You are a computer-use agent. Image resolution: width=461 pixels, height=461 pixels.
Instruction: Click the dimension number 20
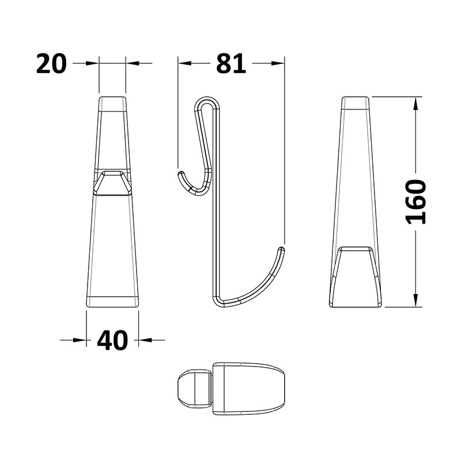pyautogui.click(x=51, y=63)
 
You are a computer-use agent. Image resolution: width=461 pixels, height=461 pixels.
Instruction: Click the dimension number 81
pyautogui.click(x=231, y=63)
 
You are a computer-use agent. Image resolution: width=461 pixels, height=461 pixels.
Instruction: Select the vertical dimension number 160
pyautogui.click(x=415, y=202)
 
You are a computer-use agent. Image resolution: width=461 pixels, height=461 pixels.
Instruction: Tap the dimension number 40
pyautogui.click(x=112, y=341)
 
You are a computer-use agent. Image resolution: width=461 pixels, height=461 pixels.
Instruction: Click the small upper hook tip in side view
pyautogui.click(x=181, y=173)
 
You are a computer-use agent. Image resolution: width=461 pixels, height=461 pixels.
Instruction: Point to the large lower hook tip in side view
pyautogui.click(x=282, y=250)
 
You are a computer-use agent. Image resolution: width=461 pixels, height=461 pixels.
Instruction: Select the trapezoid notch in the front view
pyautogui.click(x=112, y=183)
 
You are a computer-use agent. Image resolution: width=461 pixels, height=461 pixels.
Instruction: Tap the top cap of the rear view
pyautogui.click(x=355, y=103)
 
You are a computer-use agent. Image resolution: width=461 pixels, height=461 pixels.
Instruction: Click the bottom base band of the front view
pyautogui.click(x=112, y=300)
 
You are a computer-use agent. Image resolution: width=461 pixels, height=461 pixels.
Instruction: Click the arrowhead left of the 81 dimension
pyautogui.click(x=183, y=63)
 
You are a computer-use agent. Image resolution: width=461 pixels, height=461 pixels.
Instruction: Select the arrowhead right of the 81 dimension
pyautogui.click(x=279, y=63)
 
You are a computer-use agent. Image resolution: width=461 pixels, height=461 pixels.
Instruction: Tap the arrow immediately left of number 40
pyautogui.click(x=81, y=340)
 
